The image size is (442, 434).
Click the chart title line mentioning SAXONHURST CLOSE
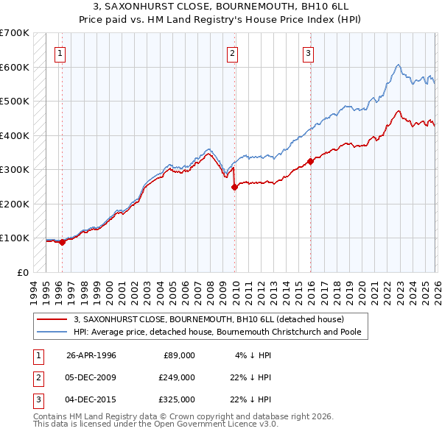(220, 7)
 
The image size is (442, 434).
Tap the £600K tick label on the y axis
(15, 67)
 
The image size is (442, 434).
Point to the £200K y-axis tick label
(15, 204)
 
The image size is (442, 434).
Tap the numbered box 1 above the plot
(59, 52)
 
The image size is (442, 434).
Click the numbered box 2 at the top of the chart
(232, 52)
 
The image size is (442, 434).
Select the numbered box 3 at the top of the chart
(308, 52)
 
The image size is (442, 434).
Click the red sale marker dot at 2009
(235, 187)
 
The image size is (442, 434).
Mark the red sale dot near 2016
(310, 161)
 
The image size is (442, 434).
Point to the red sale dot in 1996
(62, 242)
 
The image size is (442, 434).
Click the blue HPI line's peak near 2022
(397, 65)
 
